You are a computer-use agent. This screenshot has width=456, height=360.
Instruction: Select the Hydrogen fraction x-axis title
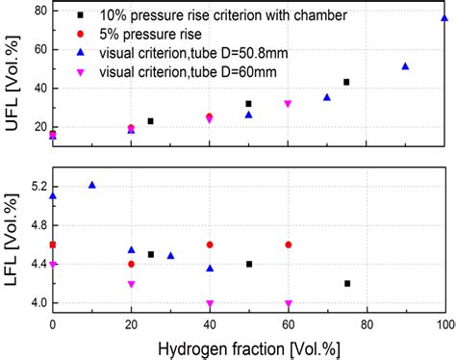coord(248,347)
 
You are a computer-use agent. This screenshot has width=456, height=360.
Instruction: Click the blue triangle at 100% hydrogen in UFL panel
coord(444,17)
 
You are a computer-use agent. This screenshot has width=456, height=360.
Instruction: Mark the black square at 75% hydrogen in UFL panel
coord(346,82)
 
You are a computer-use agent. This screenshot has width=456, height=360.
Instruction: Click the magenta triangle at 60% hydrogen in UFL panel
coord(288,104)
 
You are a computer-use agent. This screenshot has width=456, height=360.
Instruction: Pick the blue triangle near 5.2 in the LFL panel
coord(92,185)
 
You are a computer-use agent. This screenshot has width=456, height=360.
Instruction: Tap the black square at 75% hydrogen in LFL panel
coord(346,283)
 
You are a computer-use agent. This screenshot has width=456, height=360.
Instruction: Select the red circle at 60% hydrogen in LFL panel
coord(288,244)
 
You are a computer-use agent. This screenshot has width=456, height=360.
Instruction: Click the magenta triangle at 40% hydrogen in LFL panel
coord(210,303)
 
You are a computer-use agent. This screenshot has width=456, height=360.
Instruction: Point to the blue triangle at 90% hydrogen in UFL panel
coord(405,66)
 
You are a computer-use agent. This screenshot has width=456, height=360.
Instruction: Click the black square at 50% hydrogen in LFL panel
coord(248,264)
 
